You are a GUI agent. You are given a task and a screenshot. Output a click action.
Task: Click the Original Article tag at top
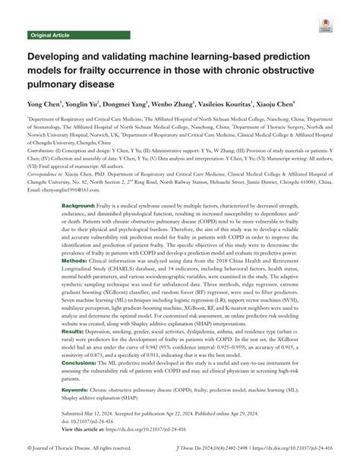tap(49, 35)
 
